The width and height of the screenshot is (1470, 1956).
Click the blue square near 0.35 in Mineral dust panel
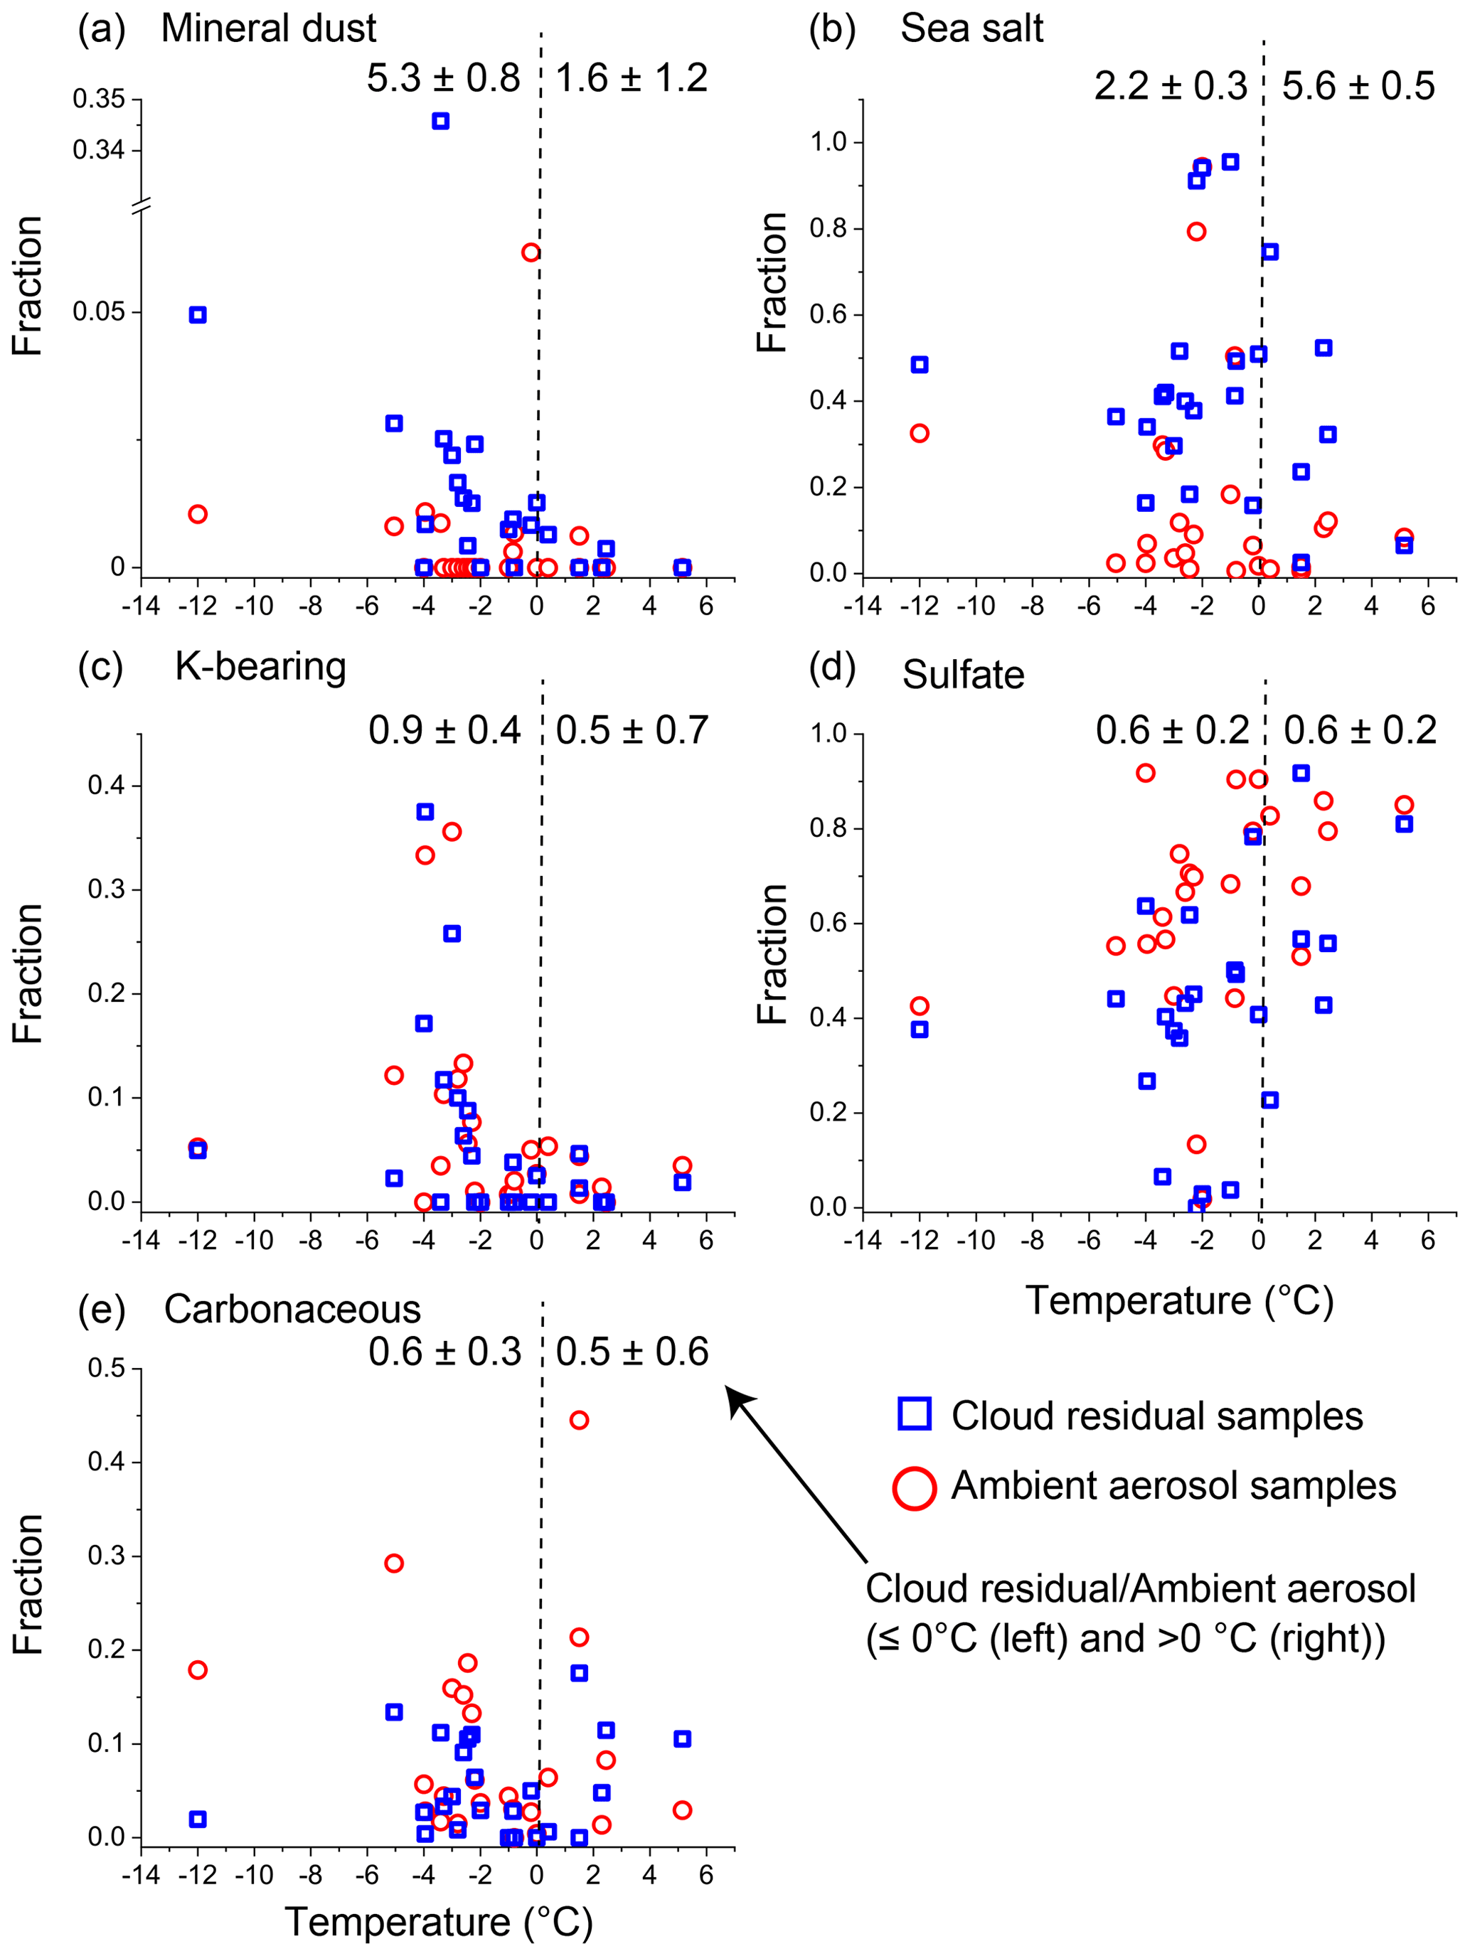pos(440,121)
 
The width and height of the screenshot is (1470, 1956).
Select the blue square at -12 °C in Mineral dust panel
pos(198,315)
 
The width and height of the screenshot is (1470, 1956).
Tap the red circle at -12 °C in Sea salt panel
pos(920,433)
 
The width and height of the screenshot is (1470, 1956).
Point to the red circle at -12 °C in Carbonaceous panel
pos(198,1669)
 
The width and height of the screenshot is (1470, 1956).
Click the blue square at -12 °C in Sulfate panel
pos(920,1030)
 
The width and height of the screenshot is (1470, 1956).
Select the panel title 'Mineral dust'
pos(268,29)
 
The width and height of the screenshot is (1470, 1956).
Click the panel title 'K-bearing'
pos(260,667)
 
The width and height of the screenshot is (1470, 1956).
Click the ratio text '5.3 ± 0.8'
pos(443,79)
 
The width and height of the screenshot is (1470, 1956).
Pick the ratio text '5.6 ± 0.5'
pos(1358,87)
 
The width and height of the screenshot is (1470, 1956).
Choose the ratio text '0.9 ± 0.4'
pos(445,730)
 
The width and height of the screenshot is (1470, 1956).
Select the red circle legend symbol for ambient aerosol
pos(915,1487)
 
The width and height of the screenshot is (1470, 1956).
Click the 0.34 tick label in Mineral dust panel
pos(99,150)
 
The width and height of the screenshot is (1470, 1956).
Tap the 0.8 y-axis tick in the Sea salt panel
pos(829,228)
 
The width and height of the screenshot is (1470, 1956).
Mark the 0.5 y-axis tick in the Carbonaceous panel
pos(106,1368)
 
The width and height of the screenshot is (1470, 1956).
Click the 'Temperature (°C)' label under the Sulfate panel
pos(1179,1300)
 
